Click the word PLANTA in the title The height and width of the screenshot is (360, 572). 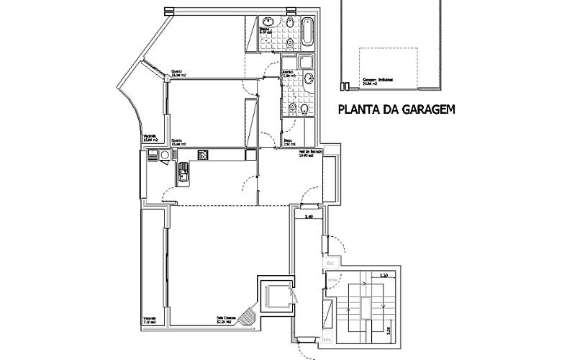click(x=358, y=110)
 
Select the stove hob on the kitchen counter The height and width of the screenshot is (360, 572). click(x=203, y=154)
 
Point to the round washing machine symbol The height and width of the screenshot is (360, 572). click(x=165, y=154)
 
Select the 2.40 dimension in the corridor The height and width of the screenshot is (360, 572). click(x=310, y=216)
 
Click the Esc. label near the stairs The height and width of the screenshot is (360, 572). click(x=332, y=264)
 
